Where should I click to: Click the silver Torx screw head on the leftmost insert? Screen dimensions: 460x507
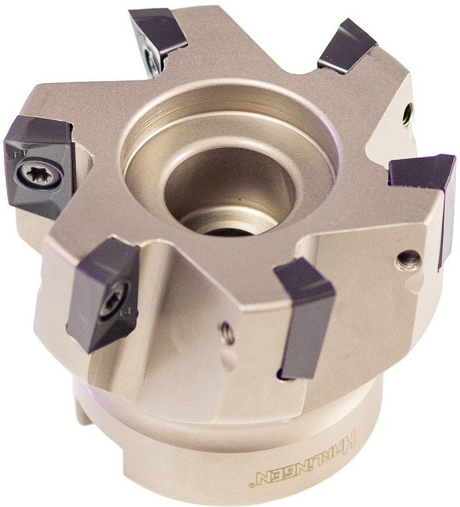pyautogui.click(x=39, y=175)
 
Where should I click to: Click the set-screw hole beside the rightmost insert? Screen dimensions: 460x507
pyautogui.click(x=409, y=259)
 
